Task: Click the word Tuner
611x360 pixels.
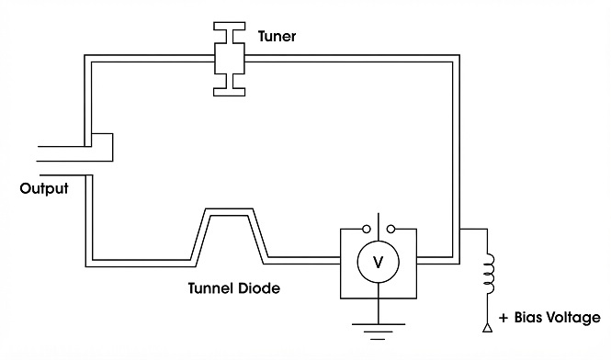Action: tap(277, 36)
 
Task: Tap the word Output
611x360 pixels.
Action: tap(44, 188)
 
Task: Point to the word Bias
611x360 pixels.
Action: tap(528, 317)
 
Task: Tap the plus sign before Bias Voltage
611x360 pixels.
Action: tap(504, 318)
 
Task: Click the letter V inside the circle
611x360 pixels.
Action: tap(378, 263)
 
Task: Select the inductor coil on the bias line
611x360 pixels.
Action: tap(489, 274)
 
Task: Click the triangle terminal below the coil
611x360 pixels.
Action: tap(487, 328)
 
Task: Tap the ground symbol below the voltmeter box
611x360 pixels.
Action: tap(378, 332)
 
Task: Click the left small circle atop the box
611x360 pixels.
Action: tap(367, 229)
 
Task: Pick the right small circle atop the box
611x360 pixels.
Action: tap(390, 229)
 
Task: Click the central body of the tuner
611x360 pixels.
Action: tap(230, 59)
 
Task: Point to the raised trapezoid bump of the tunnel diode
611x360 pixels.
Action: tap(229, 212)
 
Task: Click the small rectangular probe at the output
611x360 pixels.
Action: tap(102, 147)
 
